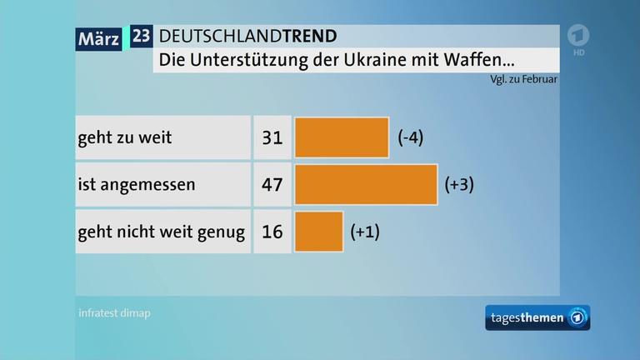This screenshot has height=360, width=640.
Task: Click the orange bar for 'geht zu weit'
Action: [342, 137]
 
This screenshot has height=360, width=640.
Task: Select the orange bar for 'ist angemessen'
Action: [366, 184]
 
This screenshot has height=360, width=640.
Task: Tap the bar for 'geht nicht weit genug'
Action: [318, 231]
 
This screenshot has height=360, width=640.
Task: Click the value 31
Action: [272, 137]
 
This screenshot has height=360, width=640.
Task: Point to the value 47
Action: [272, 184]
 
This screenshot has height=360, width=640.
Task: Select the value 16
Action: [272, 231]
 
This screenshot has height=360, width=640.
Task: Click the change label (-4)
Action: [411, 137]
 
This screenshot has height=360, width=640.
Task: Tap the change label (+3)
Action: [460, 184]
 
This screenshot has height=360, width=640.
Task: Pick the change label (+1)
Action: [365, 231]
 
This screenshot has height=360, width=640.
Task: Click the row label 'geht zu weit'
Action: [124, 137]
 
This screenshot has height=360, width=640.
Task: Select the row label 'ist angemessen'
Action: [136, 184]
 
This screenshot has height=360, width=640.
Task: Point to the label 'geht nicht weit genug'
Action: [161, 231]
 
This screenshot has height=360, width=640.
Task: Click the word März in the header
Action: [99, 37]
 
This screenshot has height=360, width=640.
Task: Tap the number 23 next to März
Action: [142, 37]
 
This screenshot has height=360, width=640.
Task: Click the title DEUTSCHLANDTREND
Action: [247, 36]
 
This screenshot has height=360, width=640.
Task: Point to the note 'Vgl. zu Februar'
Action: [524, 80]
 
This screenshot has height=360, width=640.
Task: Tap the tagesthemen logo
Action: [537, 317]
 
